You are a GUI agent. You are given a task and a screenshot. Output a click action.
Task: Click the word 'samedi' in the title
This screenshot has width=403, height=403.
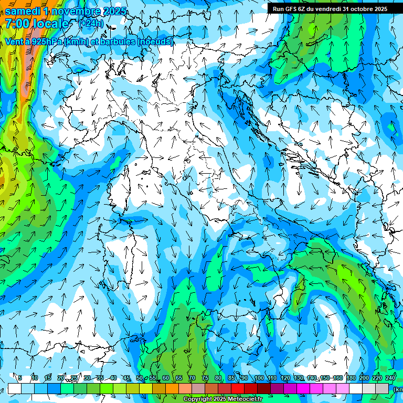24,11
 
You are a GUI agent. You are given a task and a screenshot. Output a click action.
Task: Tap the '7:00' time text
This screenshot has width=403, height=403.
17,24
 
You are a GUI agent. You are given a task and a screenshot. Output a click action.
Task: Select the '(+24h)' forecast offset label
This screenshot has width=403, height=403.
91,24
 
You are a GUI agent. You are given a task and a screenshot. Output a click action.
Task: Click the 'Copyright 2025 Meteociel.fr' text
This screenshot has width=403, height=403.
222,399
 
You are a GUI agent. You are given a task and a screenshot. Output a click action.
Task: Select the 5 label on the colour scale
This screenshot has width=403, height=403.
20,378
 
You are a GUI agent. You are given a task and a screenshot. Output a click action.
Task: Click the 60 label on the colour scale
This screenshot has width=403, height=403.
165,378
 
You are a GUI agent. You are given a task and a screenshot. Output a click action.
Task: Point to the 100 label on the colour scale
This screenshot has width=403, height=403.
259,378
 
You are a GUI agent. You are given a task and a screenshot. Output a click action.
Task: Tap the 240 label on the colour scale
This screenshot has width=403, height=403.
390,378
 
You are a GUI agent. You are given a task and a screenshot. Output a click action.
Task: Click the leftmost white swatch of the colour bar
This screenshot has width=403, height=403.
14,388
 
